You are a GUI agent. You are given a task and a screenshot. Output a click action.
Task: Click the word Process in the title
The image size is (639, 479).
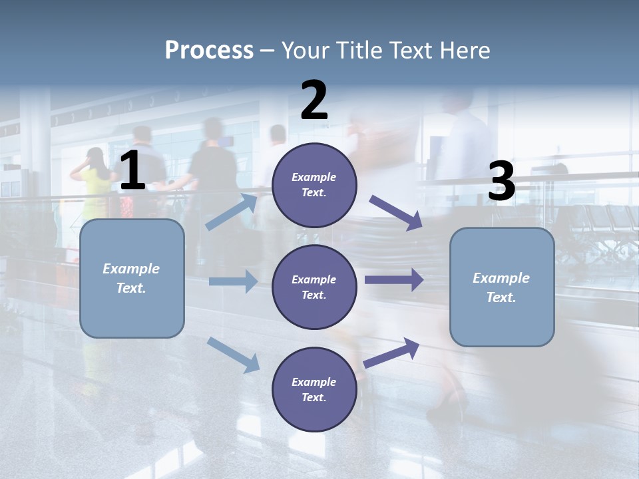pos(209,51)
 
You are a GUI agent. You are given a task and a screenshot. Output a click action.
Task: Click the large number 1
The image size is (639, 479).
pos(132,172)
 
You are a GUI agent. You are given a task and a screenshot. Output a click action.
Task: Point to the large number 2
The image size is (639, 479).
pos(314,100)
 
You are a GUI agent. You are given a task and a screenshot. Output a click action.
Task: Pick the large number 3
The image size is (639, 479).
pos(502,182)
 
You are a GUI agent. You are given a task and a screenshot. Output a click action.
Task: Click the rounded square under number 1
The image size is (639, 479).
pos(132,278)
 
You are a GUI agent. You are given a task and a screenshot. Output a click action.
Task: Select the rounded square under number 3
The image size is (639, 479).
pos(502,287)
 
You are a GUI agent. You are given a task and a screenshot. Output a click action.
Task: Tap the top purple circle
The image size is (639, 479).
pos(314,185)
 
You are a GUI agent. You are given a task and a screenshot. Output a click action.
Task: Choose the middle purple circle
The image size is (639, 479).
pos(314,287)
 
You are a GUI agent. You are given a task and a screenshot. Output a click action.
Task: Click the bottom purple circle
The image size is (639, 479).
pos(314,389)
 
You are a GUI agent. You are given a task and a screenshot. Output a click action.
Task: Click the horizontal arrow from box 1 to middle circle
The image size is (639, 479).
pos(233,281)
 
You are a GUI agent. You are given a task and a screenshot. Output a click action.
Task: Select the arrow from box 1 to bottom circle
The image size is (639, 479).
pos(234,355)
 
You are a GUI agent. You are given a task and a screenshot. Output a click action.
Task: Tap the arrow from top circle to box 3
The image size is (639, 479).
pos(396,212)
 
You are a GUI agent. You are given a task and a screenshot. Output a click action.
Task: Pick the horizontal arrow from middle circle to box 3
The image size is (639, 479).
pos(394,280)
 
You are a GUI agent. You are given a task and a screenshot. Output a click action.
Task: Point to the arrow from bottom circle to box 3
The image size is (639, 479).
pos(391,353)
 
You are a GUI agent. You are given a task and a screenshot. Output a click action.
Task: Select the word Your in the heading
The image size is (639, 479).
pos(305,51)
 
